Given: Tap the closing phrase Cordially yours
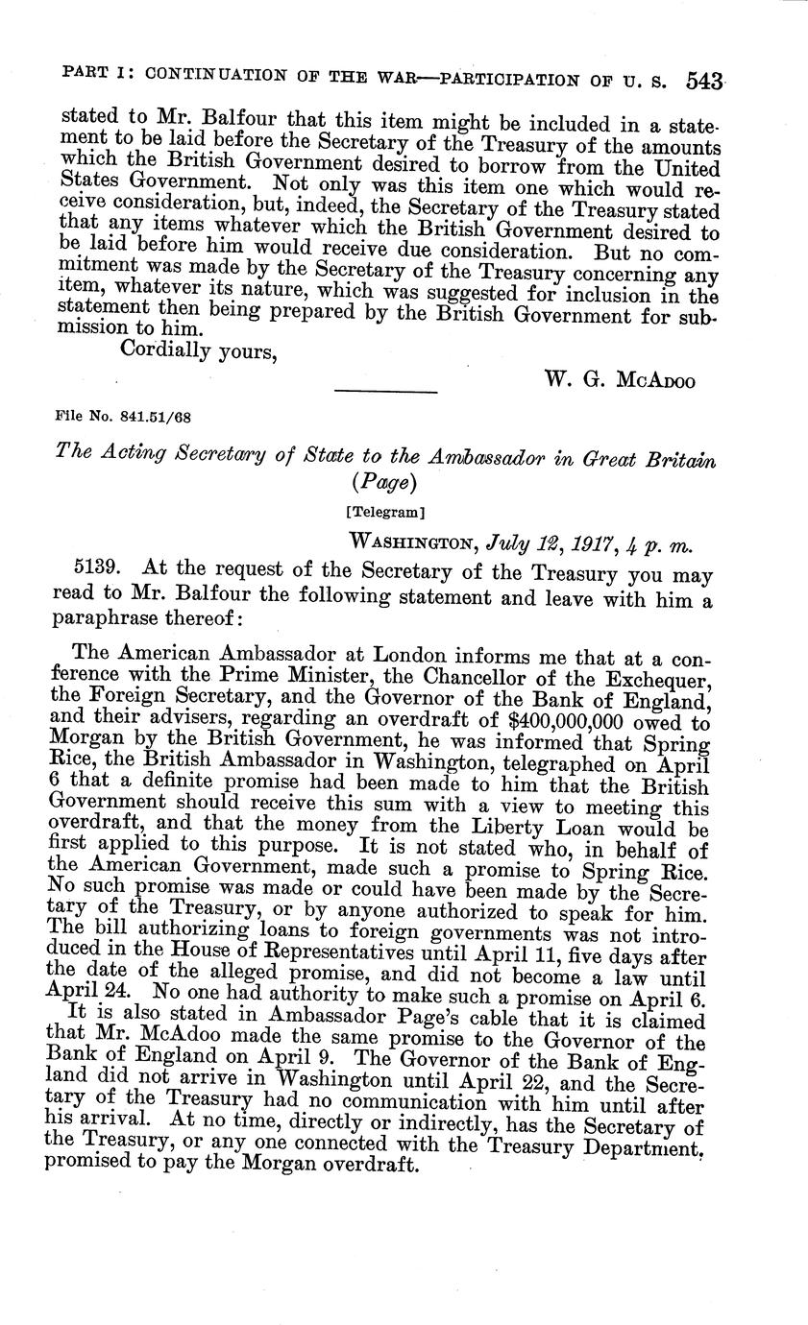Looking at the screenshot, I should coord(198,350).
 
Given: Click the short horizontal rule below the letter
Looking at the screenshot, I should coord(385,390).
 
